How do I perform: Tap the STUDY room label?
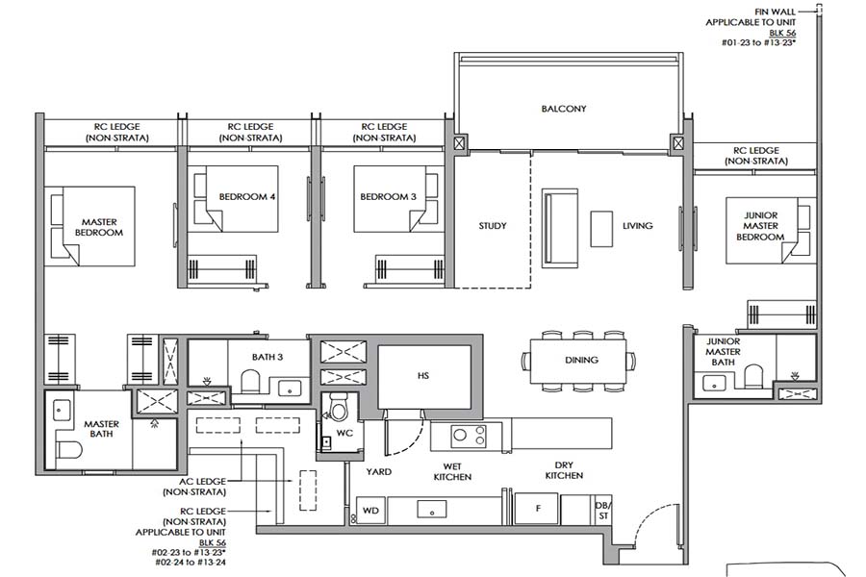coord(493,226)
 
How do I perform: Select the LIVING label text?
coord(637,226)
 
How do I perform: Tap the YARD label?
coord(376,472)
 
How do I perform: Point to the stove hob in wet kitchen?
coord(469,437)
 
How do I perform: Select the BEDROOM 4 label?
coord(247,197)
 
